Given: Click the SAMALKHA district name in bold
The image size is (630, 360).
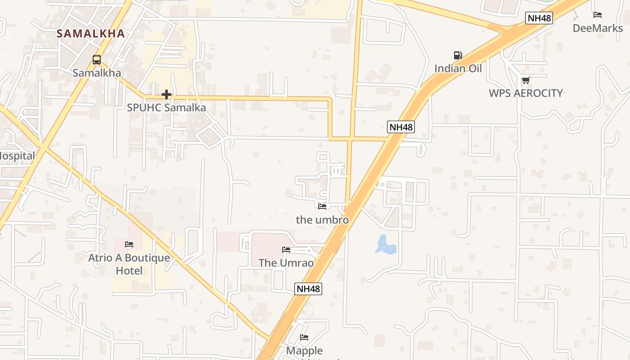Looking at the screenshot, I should click(90, 33).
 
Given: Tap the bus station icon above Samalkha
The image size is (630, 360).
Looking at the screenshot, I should click(96, 59).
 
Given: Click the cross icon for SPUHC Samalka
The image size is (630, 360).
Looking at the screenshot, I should click(166, 94).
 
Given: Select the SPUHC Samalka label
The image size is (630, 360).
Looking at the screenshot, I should click(166, 108).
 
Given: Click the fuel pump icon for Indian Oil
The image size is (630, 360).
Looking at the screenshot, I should click(458, 55).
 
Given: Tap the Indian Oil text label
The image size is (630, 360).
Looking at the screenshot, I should click(458, 68).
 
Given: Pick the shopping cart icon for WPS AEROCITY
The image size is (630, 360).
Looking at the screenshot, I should click(526, 80).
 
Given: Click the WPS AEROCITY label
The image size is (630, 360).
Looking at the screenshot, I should click(526, 93).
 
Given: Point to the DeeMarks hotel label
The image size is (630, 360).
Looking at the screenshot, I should click(598, 28).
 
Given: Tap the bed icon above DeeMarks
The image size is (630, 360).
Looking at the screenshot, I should click(598, 15).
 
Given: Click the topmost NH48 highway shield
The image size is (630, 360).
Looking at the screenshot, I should click(539, 18).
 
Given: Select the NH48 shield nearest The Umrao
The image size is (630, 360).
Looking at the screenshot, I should click(308, 288).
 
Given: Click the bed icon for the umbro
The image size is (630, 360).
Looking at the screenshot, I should click(322, 207).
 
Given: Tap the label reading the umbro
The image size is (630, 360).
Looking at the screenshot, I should click(322, 220).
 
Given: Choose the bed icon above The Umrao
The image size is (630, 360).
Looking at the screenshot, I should click(286, 250).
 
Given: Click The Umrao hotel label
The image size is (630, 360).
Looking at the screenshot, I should click(286, 263).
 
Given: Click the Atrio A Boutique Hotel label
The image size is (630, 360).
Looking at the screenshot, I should click(129, 264).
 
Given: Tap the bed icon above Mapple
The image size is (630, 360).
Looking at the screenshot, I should click(304, 337).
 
